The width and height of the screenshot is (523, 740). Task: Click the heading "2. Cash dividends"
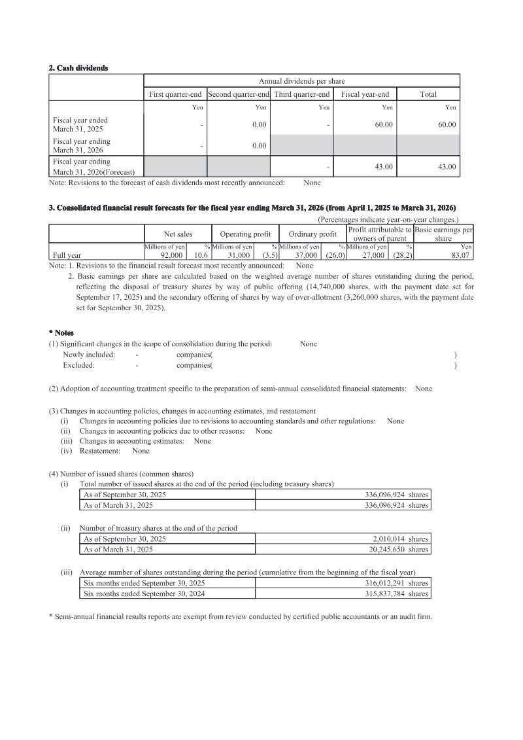[78, 68]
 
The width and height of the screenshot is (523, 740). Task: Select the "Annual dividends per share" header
[301, 81]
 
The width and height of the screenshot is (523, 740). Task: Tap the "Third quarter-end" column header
[301, 94]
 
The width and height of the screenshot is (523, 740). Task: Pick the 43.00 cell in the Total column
[447, 167]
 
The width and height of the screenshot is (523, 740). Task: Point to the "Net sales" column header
[178, 234]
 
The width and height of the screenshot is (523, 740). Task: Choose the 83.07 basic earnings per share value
[461, 256]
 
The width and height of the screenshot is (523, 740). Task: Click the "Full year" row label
[67, 256]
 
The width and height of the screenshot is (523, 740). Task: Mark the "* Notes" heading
[61, 333]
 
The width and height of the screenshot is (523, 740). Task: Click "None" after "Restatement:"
[141, 451]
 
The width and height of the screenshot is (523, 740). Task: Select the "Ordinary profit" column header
[312, 234]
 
